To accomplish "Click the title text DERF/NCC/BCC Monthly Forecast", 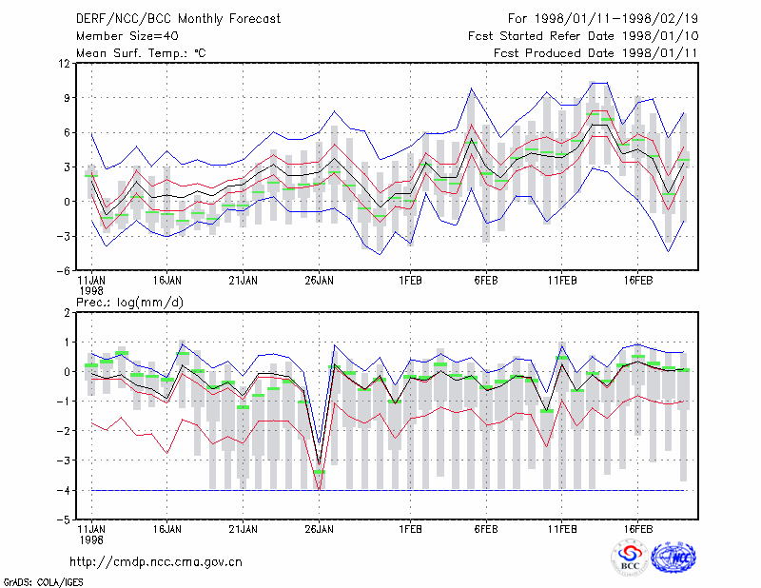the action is (178, 19).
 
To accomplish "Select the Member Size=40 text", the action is (127, 36).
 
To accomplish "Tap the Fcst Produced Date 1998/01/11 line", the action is (595, 53).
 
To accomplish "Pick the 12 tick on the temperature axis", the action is (65, 63).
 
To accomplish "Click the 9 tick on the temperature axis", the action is (68, 98).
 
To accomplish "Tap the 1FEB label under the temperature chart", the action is (410, 281).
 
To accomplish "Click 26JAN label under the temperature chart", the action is (319, 281).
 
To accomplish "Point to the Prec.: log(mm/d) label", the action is (129, 303).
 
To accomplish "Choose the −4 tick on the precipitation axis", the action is (63, 490).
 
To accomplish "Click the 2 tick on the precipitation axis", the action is (68, 313).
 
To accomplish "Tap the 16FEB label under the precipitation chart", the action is (637, 529).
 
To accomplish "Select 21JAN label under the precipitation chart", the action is (244, 529).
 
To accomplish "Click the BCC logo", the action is (630, 558).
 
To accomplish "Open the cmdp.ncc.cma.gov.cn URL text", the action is (156, 562).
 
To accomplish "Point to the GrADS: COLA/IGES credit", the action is (43, 582).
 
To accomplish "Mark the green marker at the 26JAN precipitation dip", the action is (319, 472).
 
